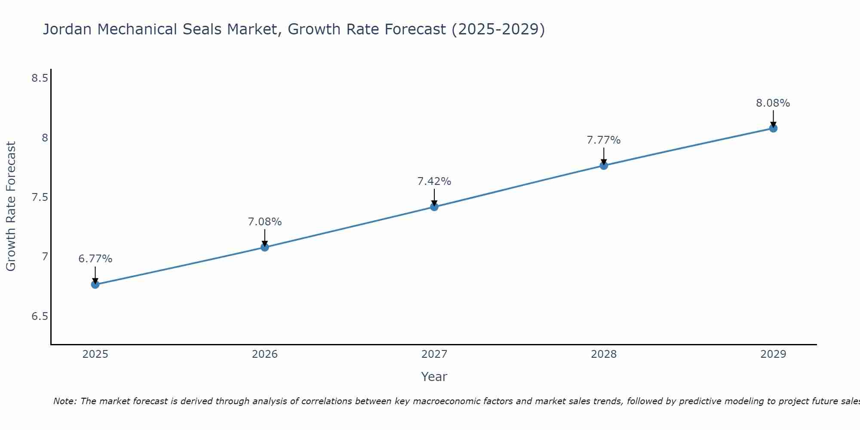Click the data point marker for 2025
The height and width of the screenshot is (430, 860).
coord(95,284)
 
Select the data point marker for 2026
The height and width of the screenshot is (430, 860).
coord(264,247)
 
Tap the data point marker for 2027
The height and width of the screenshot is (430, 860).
coord(434,207)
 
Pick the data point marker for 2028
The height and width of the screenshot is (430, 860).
coord(603,166)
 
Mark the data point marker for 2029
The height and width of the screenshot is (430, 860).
coord(773,128)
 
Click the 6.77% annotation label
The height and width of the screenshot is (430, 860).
coord(95,259)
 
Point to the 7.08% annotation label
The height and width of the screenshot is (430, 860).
coord(264,222)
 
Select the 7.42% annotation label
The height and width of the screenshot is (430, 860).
coord(434,181)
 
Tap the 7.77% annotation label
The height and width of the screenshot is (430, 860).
coord(603,140)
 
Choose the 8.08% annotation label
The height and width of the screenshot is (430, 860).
coord(773,103)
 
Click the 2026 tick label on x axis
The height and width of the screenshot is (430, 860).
coord(264,354)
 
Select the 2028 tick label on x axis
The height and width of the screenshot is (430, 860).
coord(603,354)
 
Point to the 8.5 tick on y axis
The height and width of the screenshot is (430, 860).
coord(40,78)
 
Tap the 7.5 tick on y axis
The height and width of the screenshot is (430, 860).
coord(40,197)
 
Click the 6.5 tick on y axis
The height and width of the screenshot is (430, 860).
coord(40,316)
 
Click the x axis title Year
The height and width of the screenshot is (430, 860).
coord(434,377)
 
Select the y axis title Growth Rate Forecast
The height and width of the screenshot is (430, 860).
coord(11,206)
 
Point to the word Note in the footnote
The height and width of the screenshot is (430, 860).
coord(64,401)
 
